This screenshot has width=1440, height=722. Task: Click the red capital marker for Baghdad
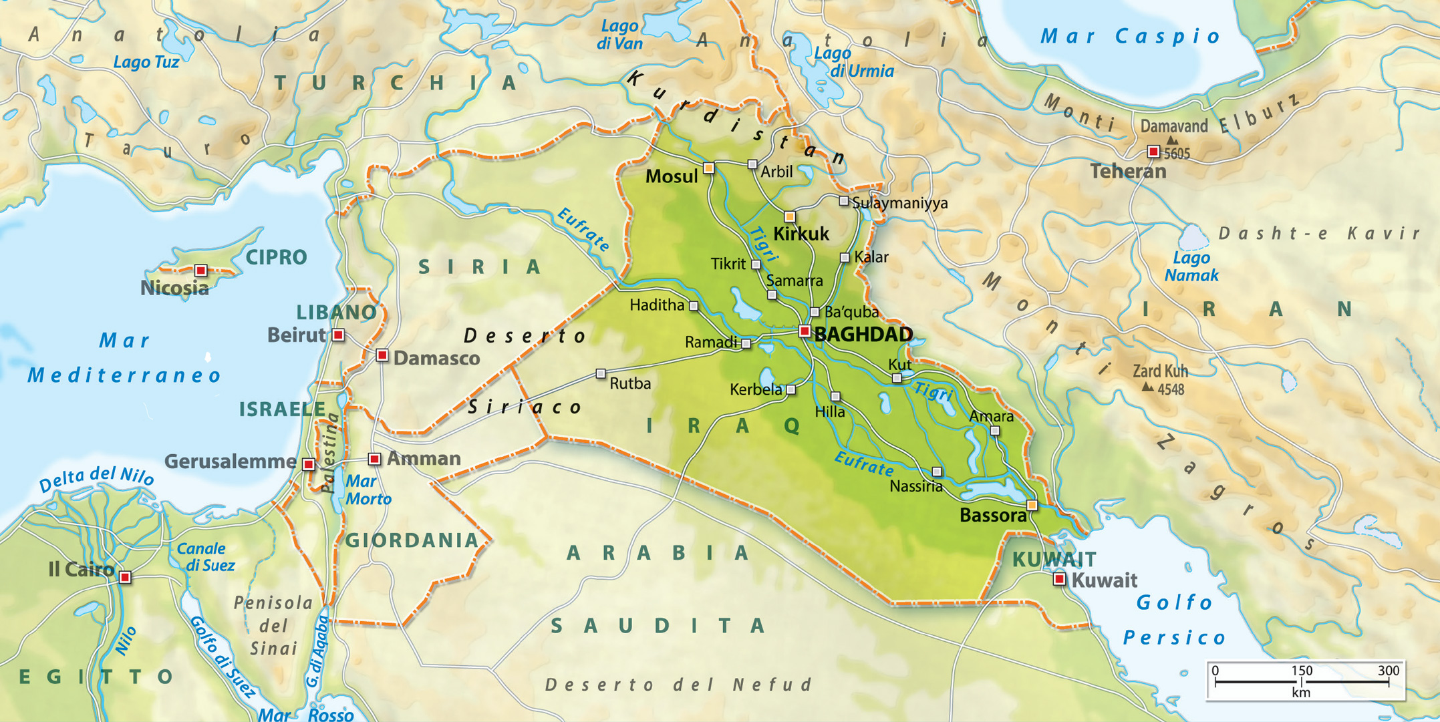pos(805,331)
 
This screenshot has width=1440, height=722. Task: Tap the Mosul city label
pos(671,176)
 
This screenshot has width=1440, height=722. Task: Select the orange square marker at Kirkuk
pos(790,216)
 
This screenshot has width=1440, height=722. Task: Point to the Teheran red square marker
pos(1153,152)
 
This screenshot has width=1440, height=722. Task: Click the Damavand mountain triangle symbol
pos(1172,140)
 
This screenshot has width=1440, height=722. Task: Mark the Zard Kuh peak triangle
pos(1147,387)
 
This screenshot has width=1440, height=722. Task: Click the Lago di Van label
pos(619,35)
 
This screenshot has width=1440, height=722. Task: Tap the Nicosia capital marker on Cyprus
pos(200,270)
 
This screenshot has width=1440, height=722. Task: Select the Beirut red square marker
pos(339,335)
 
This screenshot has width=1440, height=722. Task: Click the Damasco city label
pos(436,359)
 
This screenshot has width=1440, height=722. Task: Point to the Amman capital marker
pos(374,459)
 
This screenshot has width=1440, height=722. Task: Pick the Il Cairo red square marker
pos(125,577)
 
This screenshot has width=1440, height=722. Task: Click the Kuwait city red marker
pos(1059,579)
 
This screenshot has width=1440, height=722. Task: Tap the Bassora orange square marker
pos(1032,505)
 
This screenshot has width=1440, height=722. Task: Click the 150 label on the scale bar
pos(1301,671)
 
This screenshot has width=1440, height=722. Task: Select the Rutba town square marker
pos(601,374)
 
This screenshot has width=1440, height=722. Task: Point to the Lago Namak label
pos(1191,266)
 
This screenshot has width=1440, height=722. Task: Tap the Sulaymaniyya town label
pos(899,203)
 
